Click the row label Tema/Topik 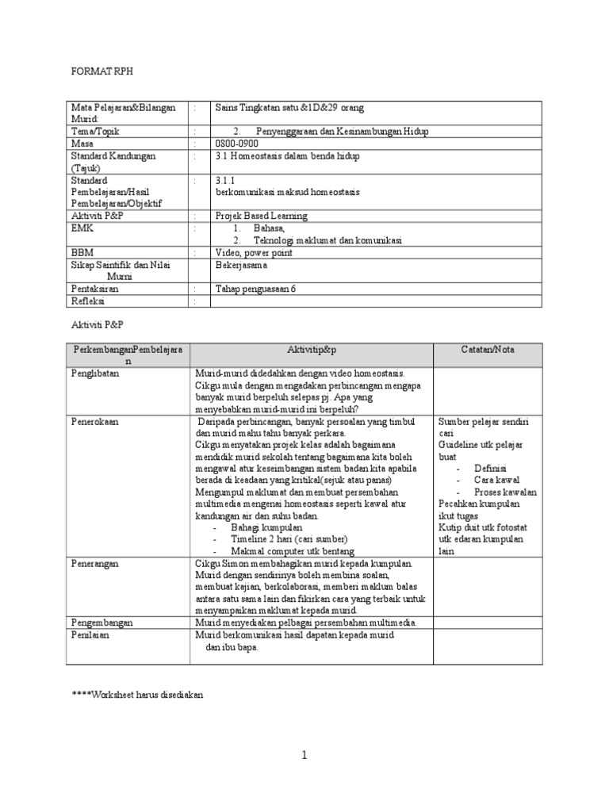tap(95, 131)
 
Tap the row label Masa tap(82, 144)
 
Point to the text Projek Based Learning tap(261, 216)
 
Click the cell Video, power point tap(254, 252)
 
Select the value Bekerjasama tap(243, 265)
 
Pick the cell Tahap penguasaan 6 tap(255, 289)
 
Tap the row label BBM tap(82, 252)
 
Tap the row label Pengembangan tap(101, 623)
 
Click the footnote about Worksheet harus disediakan tap(138, 695)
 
